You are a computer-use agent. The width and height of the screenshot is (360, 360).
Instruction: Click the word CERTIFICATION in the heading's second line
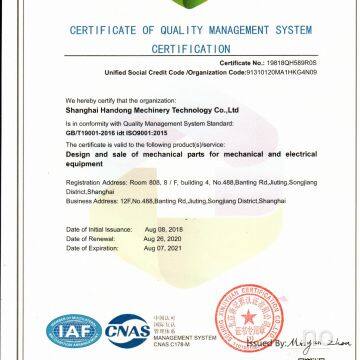pos(180,48)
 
